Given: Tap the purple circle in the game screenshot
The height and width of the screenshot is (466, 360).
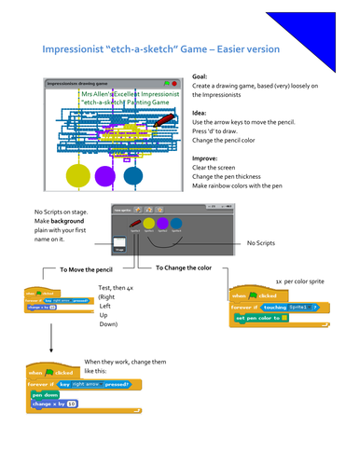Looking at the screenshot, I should click(105, 174).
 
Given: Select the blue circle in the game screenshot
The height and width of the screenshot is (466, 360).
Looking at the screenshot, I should click(133, 174).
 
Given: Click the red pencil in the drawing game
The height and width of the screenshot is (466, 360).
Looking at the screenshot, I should click(162, 121).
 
